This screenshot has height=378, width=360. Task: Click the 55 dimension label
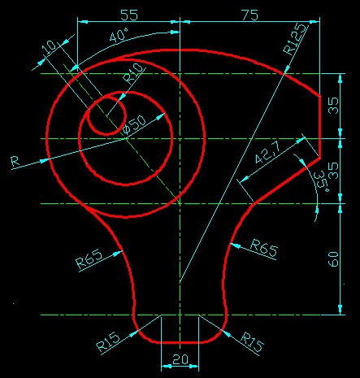pos(129,15)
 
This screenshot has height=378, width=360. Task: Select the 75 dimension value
pos(249,15)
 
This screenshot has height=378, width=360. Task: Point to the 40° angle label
pos(119,35)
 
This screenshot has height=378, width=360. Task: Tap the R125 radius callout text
pos(295,39)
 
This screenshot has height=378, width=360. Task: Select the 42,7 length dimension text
pos(268,153)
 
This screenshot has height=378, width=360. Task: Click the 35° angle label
pos(322,180)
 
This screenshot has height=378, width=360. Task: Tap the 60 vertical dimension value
pos(334,259)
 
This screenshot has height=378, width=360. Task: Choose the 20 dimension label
pos(180,359)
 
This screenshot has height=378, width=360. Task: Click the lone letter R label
pos(15,162)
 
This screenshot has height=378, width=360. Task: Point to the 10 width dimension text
pos(50,48)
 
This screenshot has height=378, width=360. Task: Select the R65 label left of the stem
pos(89,259)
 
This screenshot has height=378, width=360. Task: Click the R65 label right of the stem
pos(263,248)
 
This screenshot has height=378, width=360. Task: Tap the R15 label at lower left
pos(108,342)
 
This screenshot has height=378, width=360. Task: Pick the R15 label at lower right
pos(252,342)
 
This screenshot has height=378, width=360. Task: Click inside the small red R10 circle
pos(107,115)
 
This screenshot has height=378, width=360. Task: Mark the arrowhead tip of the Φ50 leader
pos(165,114)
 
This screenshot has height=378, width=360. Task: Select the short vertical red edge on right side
pos(319,127)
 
